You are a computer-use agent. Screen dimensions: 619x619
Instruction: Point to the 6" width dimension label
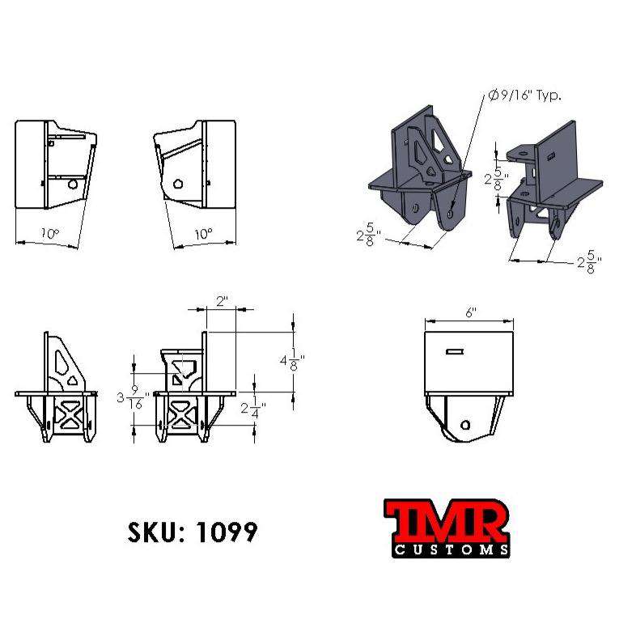coord(470,311)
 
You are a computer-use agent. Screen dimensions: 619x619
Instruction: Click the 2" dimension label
coord(222,300)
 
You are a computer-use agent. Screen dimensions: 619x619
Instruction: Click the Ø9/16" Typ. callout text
coord(525,95)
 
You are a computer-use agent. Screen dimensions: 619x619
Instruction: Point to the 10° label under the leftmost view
coord(50,233)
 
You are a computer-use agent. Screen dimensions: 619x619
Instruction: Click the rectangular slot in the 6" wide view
coord(455,351)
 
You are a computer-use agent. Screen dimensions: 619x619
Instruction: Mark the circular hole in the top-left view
coord(73,184)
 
